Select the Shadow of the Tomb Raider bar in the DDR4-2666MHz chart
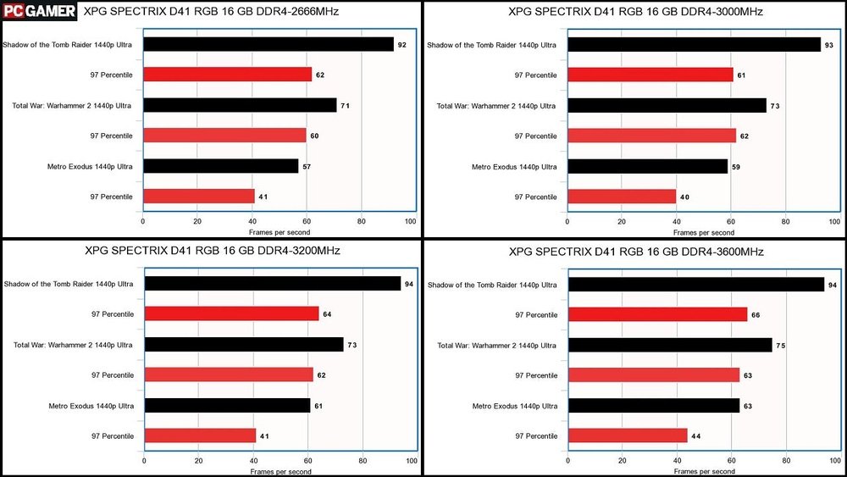coord(268,44)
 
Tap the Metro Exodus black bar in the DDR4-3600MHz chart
coord(653,405)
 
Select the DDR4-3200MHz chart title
coord(213,251)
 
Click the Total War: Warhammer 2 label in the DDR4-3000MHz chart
coord(496,106)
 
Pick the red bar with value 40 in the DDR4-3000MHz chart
coord(622,197)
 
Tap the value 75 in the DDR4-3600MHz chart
coord(782,345)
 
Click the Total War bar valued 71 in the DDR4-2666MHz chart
coord(240,105)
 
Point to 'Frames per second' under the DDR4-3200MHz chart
coord(280,471)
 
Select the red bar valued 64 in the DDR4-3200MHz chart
coord(231,313)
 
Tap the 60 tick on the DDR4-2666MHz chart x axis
coord(307,222)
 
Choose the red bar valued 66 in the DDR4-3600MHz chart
coord(657,314)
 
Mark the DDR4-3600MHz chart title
coord(636,252)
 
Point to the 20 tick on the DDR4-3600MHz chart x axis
coord(622,462)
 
